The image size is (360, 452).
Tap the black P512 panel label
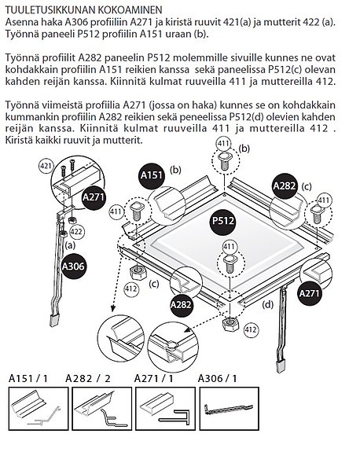tap(222, 221)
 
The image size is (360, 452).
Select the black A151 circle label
tap(152, 175)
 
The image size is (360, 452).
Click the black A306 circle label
tap(74, 266)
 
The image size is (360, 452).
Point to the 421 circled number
tap(46, 166)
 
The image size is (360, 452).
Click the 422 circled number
tap(76, 231)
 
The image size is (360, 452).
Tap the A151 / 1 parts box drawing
tap(39, 408)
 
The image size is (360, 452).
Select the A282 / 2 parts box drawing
tap(101, 408)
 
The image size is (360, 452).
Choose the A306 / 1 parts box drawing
tap(230, 408)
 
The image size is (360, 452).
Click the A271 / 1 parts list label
tap(153, 378)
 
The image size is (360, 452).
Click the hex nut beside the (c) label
tap(138, 272)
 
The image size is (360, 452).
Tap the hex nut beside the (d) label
tap(230, 325)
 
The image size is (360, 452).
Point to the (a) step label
tap(70, 245)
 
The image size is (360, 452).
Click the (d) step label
tap(268, 304)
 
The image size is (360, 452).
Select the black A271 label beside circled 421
tap(94, 198)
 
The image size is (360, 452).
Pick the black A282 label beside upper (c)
tap(285, 186)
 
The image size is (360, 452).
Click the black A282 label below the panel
tap(181, 304)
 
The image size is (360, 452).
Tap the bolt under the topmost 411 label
tap(225, 162)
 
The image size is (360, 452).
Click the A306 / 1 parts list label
tap(217, 378)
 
